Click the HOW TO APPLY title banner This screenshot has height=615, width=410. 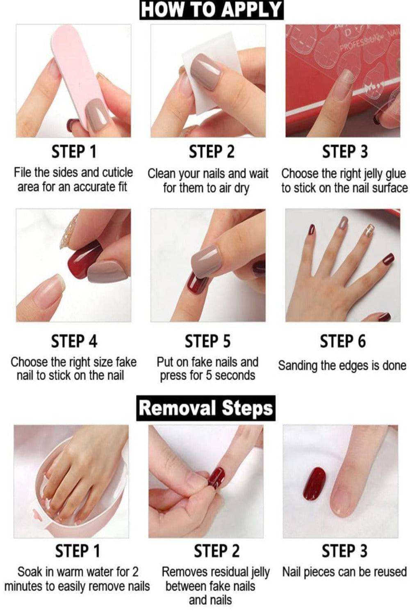point(211,10)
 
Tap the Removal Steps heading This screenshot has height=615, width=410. point(206,408)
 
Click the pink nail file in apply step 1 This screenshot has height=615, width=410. point(80,80)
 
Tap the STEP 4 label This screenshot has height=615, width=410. point(74,341)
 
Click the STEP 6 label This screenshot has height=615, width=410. point(343,341)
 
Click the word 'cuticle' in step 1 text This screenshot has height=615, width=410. point(118,173)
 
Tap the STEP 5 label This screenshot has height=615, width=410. point(208,341)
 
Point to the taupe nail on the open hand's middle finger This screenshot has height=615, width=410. point(343,223)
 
